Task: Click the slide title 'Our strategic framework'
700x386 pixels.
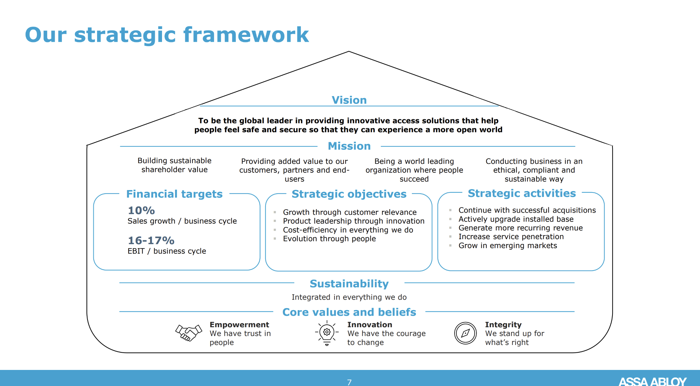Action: coord(167,35)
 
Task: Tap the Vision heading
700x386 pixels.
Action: coord(349,100)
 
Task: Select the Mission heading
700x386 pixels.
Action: coord(349,146)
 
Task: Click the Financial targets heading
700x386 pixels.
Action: coord(174,194)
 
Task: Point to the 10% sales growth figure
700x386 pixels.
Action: coord(141,210)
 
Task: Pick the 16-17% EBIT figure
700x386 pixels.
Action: coord(151,240)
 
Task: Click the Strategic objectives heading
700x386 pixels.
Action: coord(349,194)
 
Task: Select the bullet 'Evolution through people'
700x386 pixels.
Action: coord(329,239)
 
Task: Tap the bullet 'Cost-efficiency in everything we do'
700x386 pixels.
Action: coord(348,230)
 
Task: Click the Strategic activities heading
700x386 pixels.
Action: coord(522,193)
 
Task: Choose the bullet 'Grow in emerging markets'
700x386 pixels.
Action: coord(508,245)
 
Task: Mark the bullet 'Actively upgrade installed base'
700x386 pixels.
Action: coord(516,219)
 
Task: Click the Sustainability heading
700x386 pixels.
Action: coord(349,283)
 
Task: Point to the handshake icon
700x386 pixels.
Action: coord(188,332)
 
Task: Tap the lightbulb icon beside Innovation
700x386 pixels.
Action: coord(327,333)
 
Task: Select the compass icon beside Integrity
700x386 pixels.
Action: coord(465,333)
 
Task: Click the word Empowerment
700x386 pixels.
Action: coord(239,324)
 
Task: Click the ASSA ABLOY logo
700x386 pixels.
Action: coord(652,381)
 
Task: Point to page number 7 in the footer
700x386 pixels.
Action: coord(349,382)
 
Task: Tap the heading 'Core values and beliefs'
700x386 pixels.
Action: coord(349,312)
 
